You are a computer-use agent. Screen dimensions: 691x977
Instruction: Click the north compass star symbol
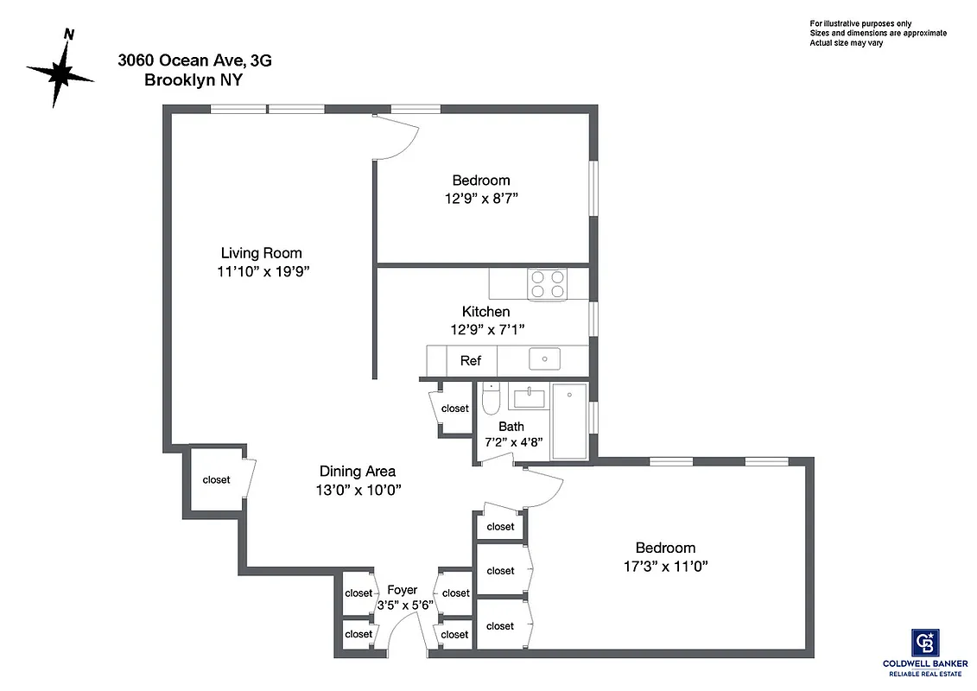tap(60, 73)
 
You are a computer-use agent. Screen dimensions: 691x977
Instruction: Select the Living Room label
tap(261, 253)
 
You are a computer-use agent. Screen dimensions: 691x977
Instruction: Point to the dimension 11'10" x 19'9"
tap(263, 271)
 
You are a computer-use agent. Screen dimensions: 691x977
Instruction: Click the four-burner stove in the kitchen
tap(548, 284)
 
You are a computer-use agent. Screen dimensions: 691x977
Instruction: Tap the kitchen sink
tap(544, 358)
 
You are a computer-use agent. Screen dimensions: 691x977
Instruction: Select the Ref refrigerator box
tap(471, 360)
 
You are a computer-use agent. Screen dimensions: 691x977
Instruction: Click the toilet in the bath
tap(491, 400)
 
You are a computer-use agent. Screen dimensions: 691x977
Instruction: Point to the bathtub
tap(569, 421)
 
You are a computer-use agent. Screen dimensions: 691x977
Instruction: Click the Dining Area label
tap(358, 471)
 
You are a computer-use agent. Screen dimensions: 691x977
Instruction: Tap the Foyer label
tap(403, 589)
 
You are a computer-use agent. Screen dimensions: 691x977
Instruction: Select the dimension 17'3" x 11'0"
tap(665, 567)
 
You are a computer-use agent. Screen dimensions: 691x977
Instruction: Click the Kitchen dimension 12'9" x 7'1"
tap(487, 329)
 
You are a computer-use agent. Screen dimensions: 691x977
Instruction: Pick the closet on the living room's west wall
tap(216, 479)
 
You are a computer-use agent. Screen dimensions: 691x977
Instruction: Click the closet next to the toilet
tap(454, 409)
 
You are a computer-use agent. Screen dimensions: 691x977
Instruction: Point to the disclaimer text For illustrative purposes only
tap(860, 23)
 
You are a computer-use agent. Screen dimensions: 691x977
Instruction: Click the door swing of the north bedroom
tap(396, 138)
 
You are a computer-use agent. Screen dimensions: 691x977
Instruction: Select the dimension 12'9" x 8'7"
tap(480, 198)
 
